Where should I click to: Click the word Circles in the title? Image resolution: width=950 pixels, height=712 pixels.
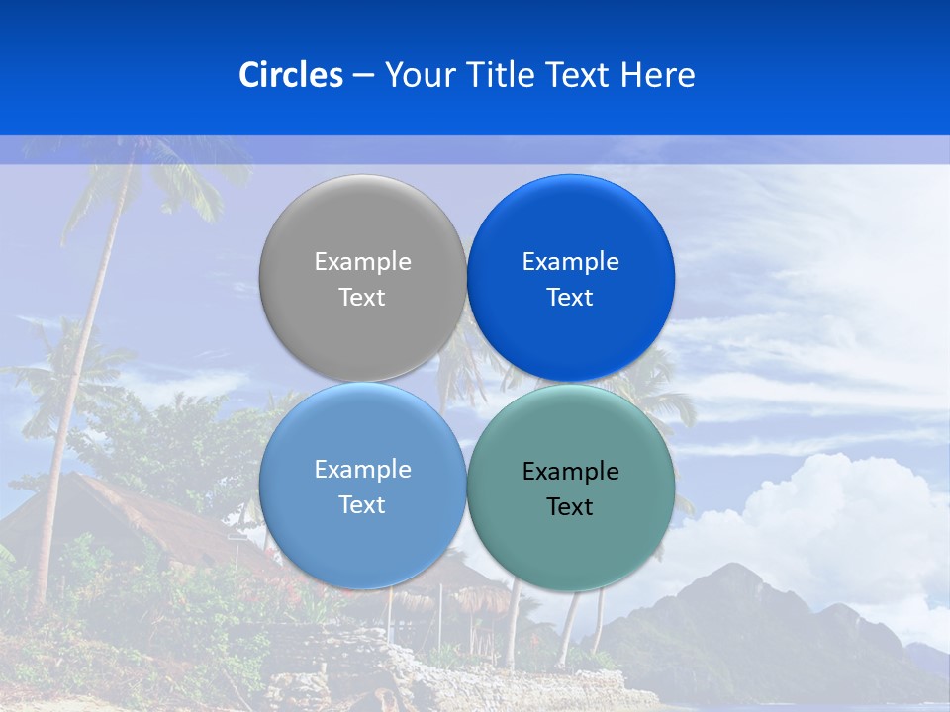(x=290, y=75)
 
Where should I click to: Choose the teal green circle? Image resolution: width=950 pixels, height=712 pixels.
(x=570, y=544)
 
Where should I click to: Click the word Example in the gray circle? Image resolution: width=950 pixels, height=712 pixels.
(x=362, y=262)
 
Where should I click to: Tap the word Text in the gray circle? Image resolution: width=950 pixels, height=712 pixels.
(x=362, y=298)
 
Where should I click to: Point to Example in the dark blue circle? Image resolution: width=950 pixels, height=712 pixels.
(x=570, y=262)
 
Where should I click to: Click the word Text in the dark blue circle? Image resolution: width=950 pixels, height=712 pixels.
(x=570, y=298)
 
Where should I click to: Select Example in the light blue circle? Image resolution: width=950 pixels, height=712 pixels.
(x=362, y=470)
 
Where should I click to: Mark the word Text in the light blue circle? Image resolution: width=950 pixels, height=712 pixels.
(x=362, y=505)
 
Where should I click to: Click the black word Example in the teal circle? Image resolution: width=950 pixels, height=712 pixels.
(x=570, y=472)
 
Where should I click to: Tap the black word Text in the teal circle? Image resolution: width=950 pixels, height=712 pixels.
(x=570, y=507)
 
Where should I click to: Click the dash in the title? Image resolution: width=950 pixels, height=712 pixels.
(x=363, y=76)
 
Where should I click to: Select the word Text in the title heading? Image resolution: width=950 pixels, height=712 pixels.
(x=579, y=75)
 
